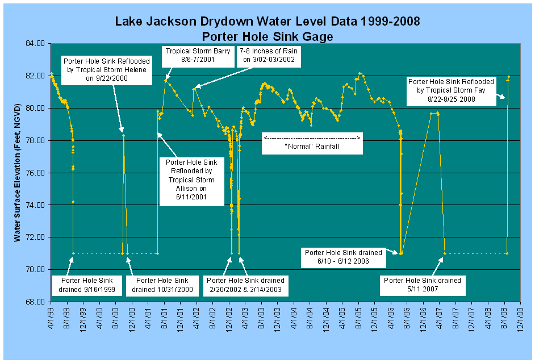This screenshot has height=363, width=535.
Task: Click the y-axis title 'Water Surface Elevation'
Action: coord(18,170)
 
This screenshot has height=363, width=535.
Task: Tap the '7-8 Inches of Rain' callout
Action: coord(269,55)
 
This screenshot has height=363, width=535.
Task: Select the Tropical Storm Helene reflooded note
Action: coord(105,70)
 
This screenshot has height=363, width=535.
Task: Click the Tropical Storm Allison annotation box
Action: coord(190,180)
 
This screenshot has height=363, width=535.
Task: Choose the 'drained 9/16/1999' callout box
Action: coord(83,285)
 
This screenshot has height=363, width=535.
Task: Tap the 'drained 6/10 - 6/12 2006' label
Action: coord(345,257)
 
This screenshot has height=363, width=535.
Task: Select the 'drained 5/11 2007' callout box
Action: coord(423,285)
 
